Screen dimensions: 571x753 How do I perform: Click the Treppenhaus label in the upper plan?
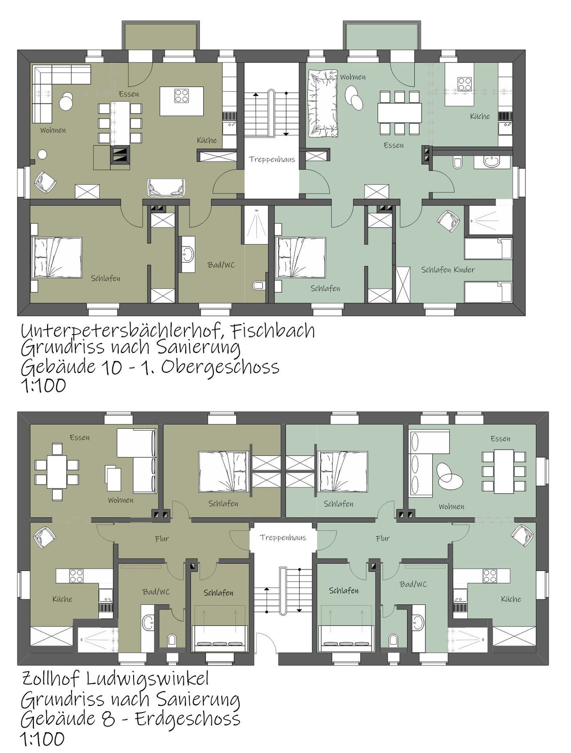[x=272, y=160]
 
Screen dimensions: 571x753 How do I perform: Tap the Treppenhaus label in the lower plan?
[x=283, y=537]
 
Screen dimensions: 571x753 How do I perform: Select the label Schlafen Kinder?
[x=448, y=270]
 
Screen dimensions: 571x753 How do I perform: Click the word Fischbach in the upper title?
[x=273, y=331]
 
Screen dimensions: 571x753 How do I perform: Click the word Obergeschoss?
[x=220, y=368]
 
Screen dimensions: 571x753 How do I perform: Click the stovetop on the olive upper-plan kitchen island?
[x=181, y=96]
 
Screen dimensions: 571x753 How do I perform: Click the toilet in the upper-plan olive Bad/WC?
[x=259, y=285]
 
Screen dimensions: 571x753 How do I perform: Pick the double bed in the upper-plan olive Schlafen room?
[x=56, y=257]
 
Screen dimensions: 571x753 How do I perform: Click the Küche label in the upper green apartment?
[x=480, y=116]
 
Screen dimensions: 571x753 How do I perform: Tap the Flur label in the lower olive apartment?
[x=162, y=538]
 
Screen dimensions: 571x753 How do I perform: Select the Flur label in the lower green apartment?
[x=382, y=538]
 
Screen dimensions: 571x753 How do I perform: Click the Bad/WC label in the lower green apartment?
[x=413, y=584]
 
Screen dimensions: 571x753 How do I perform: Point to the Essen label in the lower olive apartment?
[x=79, y=437]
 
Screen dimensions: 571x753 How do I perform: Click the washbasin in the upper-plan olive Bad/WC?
[x=188, y=254]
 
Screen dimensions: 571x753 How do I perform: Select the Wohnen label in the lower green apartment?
[x=452, y=506]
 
